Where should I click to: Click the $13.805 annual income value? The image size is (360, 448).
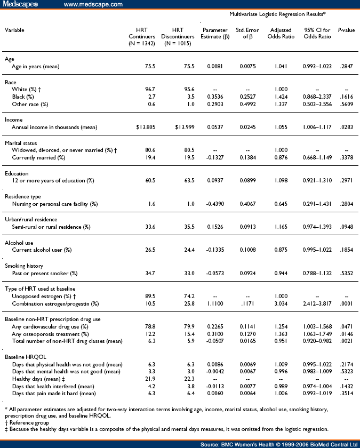[142, 128]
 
